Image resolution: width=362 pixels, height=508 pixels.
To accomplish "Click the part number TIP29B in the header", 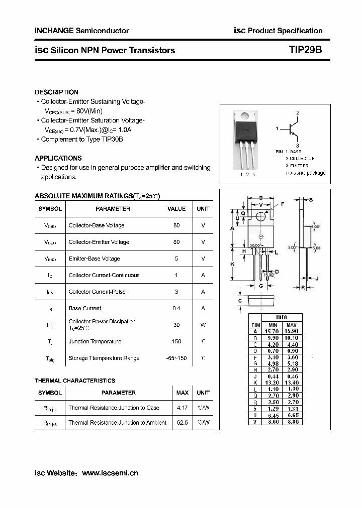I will [305, 50].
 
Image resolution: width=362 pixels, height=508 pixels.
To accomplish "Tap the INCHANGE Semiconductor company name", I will [81, 31].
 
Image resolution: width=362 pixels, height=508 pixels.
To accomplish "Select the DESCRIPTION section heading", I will [56, 92].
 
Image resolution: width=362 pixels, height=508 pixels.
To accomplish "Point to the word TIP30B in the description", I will [111, 139].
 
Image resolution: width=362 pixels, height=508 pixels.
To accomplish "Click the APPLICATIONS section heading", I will [58, 158].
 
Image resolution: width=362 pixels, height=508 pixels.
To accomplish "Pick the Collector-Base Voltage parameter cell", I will [97, 225].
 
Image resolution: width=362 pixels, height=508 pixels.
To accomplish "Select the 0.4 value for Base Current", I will [176, 308].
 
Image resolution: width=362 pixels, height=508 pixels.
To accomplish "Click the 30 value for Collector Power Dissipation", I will [176, 325].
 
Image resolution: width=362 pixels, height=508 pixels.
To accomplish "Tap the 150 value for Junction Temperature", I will [176, 341].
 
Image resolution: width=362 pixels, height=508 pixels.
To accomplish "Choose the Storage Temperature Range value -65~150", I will [176, 358].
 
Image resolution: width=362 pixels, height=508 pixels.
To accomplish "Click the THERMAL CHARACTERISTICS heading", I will [75, 381].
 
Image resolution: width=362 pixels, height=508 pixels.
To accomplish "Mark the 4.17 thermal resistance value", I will [182, 408].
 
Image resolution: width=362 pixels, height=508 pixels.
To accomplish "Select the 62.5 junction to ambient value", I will [182, 423].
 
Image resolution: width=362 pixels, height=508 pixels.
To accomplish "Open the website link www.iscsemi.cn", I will [110, 473].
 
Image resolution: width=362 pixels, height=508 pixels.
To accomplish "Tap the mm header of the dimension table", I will [283, 318].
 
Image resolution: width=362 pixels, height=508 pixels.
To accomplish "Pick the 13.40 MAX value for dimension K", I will [292, 383].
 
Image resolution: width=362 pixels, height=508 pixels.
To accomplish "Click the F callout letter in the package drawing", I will [282, 204].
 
